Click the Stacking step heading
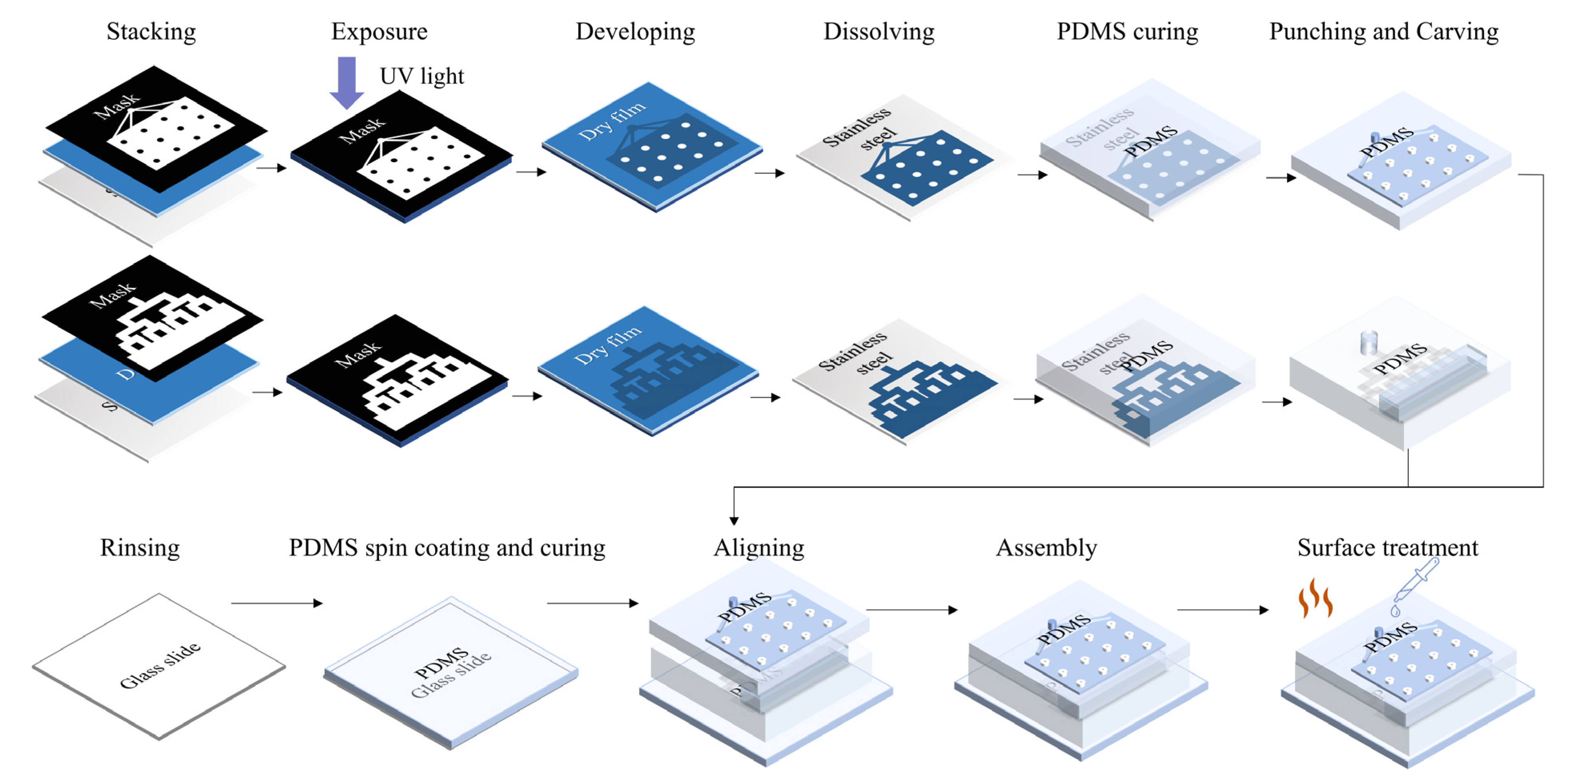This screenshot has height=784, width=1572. pyautogui.click(x=151, y=32)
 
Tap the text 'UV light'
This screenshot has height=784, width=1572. pyautogui.click(x=422, y=76)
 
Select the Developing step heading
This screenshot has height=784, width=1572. pyautogui.click(x=635, y=32)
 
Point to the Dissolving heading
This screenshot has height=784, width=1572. pyautogui.click(x=879, y=32)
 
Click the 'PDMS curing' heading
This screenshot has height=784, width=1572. pyautogui.click(x=1127, y=32)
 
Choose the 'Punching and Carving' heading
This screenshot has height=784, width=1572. pyautogui.click(x=1384, y=32)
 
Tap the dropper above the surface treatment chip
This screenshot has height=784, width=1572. pyautogui.click(x=1416, y=586)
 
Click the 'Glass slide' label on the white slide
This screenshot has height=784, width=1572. pyautogui.click(x=160, y=665)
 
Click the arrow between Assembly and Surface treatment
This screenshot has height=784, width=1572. pyautogui.click(x=1222, y=610)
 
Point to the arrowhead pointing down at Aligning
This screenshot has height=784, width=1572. pyautogui.click(x=734, y=520)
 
